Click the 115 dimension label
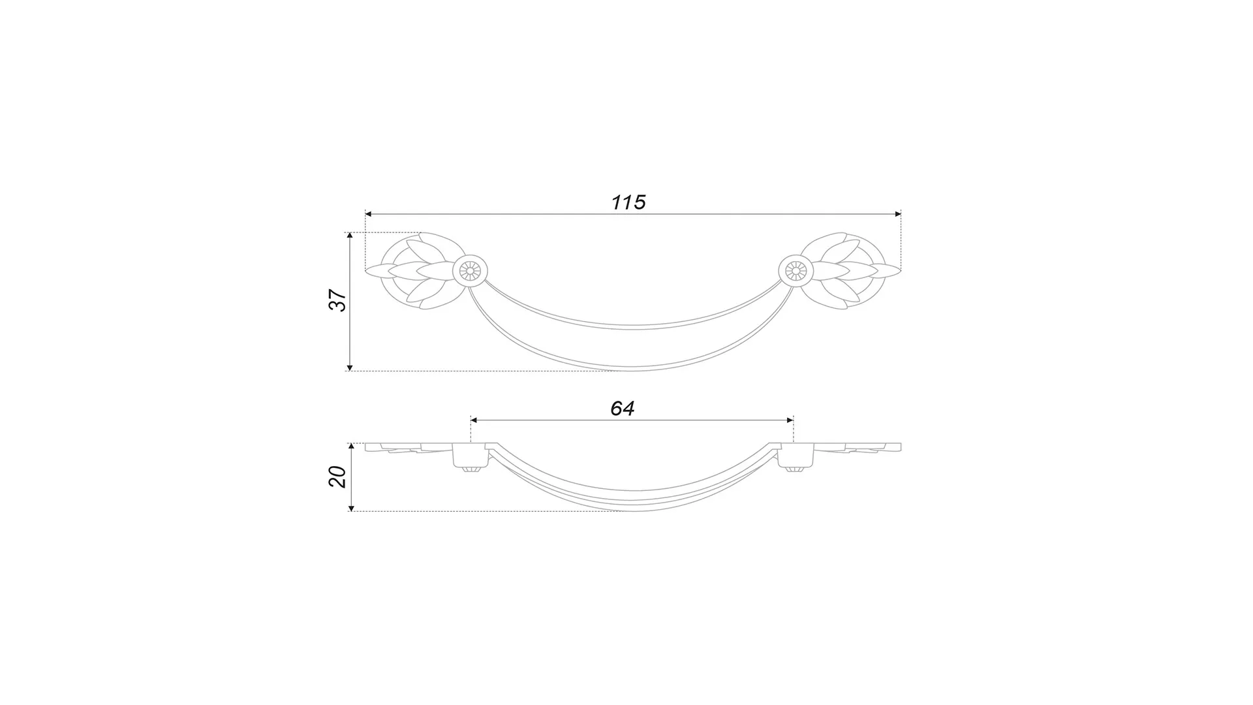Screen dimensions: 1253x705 (628, 202)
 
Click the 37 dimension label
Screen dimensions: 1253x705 (337, 300)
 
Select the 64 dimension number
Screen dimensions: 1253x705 (623, 409)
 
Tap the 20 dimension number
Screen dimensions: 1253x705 (337, 477)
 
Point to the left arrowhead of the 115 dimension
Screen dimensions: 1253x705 (369, 214)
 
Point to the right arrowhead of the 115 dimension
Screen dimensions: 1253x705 (897, 214)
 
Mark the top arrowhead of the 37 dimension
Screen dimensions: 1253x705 (350, 236)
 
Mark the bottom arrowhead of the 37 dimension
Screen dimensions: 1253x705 (350, 367)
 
